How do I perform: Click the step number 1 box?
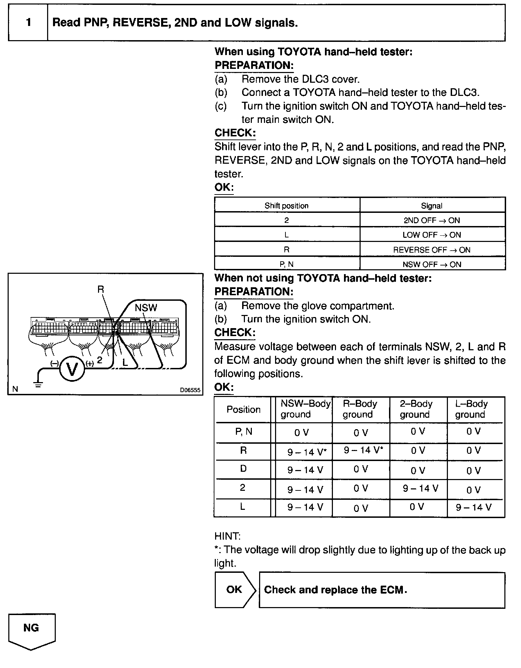click(x=28, y=23)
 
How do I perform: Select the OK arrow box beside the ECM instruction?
click(x=235, y=590)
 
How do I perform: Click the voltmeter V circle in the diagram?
click(x=72, y=369)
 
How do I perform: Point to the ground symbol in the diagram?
click(x=38, y=383)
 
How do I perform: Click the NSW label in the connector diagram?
click(x=146, y=308)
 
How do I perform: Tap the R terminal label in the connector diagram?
click(x=101, y=289)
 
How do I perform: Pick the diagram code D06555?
click(x=190, y=390)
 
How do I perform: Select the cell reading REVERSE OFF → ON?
click(x=432, y=250)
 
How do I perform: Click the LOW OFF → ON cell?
click(x=432, y=235)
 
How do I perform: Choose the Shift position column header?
click(x=286, y=206)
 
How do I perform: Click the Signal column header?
click(x=432, y=206)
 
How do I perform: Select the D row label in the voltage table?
click(x=243, y=469)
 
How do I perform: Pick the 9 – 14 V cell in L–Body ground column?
click(x=474, y=507)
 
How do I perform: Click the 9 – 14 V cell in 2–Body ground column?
click(x=421, y=488)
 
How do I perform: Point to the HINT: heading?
click(x=227, y=536)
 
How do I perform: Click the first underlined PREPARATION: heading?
click(x=254, y=65)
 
